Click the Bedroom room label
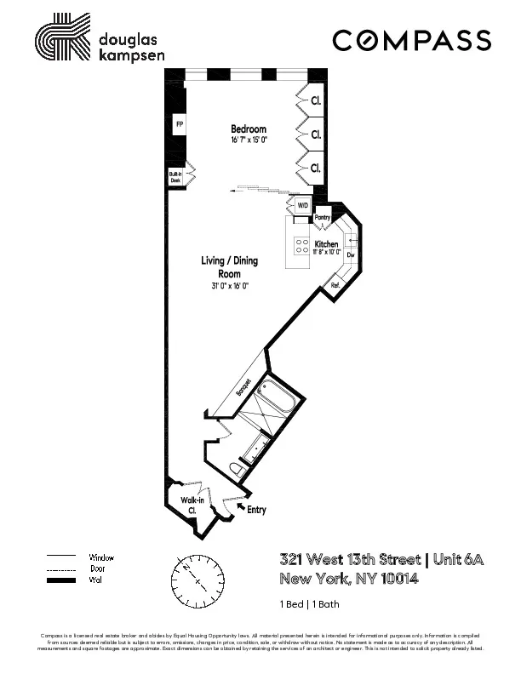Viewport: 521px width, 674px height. (249, 129)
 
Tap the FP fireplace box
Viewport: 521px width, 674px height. (180, 124)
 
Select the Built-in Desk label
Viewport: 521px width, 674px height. (175, 177)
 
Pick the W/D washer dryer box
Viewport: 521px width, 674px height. (302, 206)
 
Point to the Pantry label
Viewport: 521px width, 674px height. (323, 218)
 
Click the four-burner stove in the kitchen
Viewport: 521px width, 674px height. (302, 245)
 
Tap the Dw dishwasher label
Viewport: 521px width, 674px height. (350, 254)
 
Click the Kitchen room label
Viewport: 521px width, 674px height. (327, 244)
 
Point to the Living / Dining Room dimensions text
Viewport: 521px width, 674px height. (230, 287)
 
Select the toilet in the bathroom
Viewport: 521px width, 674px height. (238, 467)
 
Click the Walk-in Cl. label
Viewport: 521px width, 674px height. (192, 505)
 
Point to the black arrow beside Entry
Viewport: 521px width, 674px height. (240, 505)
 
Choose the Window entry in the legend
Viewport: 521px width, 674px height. (100, 557)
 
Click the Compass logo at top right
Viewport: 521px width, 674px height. (411, 40)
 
